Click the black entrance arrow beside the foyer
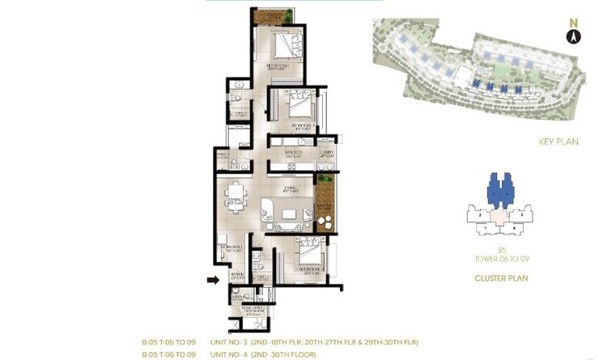point(213,280)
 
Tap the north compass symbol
point(573,35)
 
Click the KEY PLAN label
point(558,142)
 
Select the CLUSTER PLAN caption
point(501,278)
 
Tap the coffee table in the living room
point(288,215)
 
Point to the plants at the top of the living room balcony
point(325,179)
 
